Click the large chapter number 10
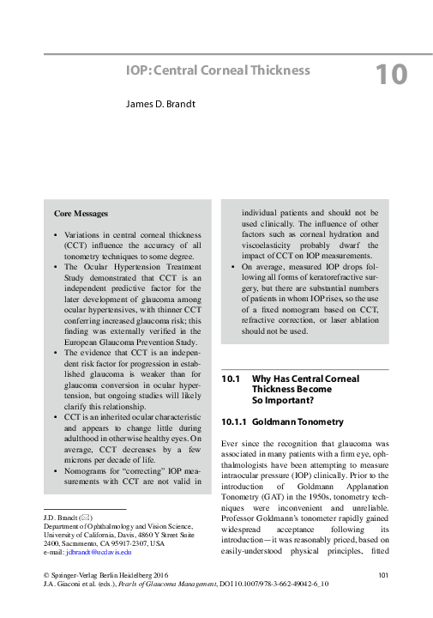click(x=391, y=76)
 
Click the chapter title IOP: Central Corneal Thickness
click(x=218, y=70)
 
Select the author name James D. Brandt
click(x=167, y=104)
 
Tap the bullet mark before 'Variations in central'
click(x=56, y=234)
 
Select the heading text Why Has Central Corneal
click(x=305, y=379)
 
